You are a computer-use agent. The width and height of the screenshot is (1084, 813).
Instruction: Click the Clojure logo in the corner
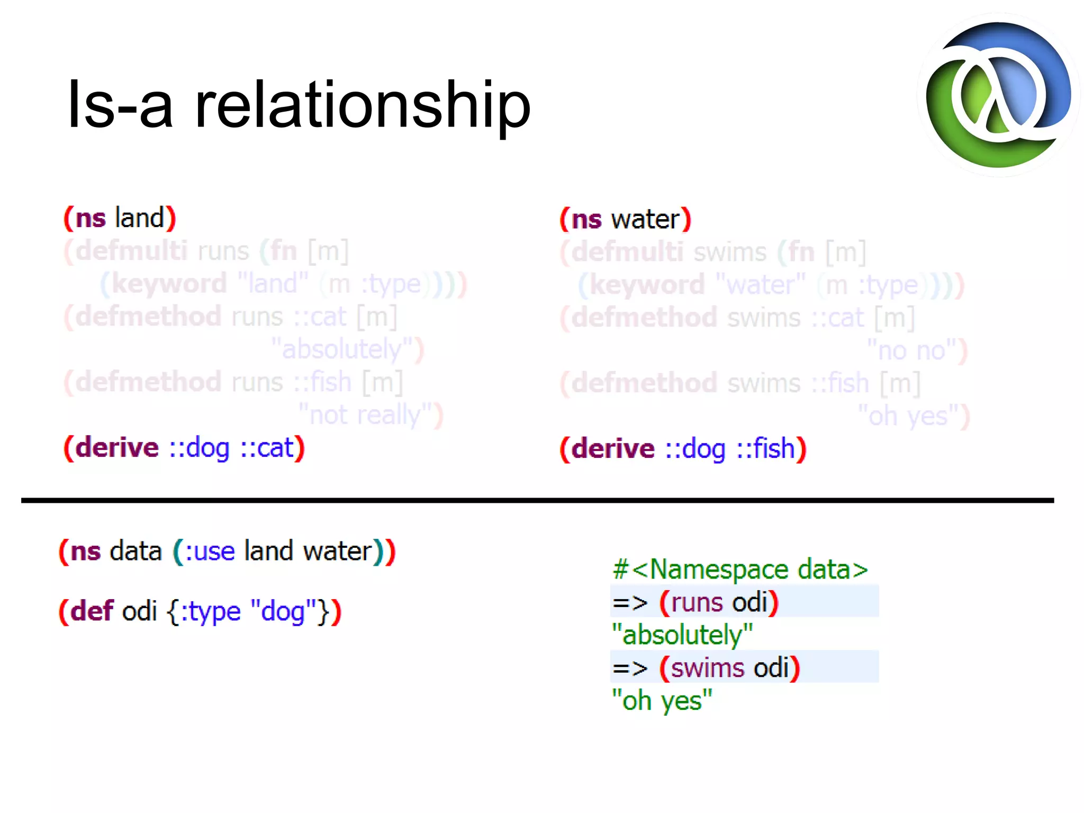pyautogui.click(x=998, y=95)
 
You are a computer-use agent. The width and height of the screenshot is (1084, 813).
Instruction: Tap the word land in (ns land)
pyautogui.click(x=140, y=218)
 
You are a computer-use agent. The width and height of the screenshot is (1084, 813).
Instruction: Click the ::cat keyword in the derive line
pyautogui.click(x=266, y=448)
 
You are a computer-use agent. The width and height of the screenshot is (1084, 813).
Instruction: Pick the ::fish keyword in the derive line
pyautogui.click(x=766, y=449)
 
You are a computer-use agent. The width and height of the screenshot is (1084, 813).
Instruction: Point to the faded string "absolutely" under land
pyautogui.click(x=342, y=349)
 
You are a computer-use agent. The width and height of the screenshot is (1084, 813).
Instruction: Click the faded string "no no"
pyautogui.click(x=911, y=350)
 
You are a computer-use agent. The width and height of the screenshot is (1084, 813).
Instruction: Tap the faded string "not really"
pyautogui.click(x=366, y=415)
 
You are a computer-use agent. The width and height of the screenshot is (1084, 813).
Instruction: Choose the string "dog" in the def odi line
pyautogui.click(x=283, y=611)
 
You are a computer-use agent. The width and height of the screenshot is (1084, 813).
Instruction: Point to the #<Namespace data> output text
pyautogui.click(x=740, y=570)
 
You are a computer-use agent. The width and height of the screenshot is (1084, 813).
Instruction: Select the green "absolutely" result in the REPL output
pyautogui.click(x=682, y=635)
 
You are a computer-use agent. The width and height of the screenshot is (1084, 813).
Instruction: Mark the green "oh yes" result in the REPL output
pyautogui.click(x=662, y=701)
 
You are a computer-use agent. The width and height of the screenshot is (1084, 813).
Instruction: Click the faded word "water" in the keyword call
pyautogui.click(x=761, y=285)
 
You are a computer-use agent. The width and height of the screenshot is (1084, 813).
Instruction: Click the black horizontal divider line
pyautogui.click(x=537, y=500)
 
